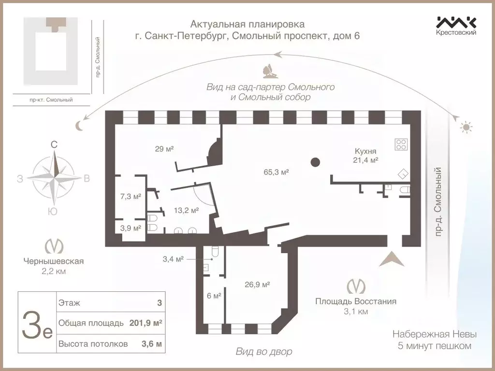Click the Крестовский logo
pyautogui.click(x=456, y=25)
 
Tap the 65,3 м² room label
pyautogui.click(x=276, y=172)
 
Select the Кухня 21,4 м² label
pyautogui.click(x=365, y=156)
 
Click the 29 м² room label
pyautogui.click(x=163, y=149)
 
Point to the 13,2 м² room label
pyautogui.click(x=186, y=210)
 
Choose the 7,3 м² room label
pyautogui.click(x=130, y=197)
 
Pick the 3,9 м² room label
pyautogui.click(x=130, y=228)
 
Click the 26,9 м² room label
pyautogui.click(x=257, y=284)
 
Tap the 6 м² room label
pyautogui.click(x=214, y=296)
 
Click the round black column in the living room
pyautogui.click(x=315, y=162)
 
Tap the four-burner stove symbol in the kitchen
pyautogui.click(x=401, y=144)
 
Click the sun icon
pyautogui.click(x=466, y=128)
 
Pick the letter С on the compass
pyautogui.click(x=55, y=144)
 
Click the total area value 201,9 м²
pyautogui.click(x=146, y=323)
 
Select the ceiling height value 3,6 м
pyautogui.click(x=151, y=344)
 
